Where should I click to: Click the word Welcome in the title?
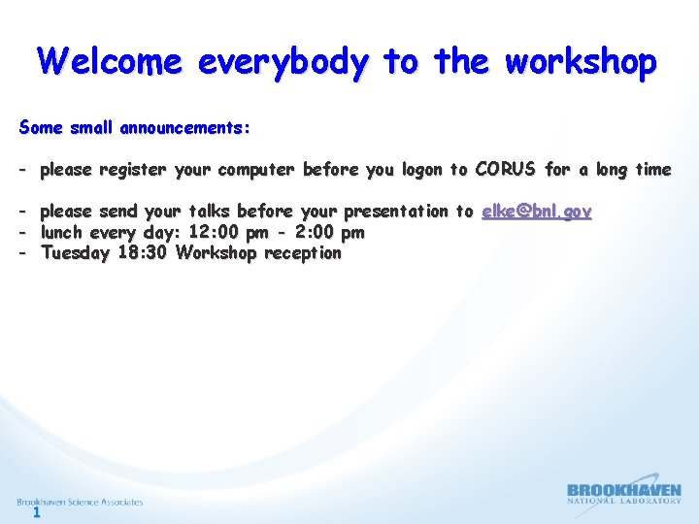coord(110,62)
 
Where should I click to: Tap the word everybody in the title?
coord(283,63)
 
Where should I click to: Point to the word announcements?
coord(185,128)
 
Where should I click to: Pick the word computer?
coord(257,170)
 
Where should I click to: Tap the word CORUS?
coord(505,170)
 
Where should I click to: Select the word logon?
coord(421,171)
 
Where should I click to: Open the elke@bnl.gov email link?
coord(536,212)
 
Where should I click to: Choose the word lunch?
coord(62,233)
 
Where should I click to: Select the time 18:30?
coord(144,254)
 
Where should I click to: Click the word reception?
coord(303,254)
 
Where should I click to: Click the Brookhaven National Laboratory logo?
coord(623,495)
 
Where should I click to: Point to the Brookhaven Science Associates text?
coord(80,502)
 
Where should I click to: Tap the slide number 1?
coord(36,513)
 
